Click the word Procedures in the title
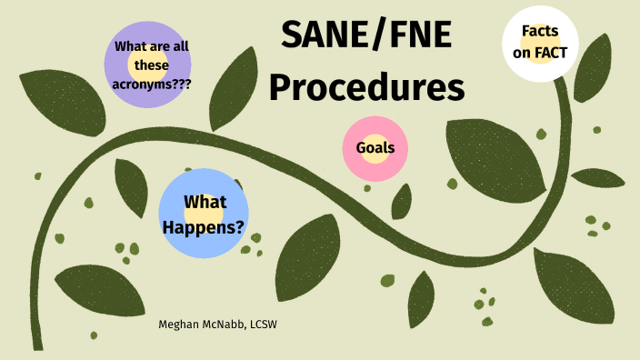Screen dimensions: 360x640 coord(366,88)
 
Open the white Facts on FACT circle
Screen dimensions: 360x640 coord(540,43)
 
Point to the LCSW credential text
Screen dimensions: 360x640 coord(263,324)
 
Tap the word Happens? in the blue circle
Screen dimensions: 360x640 coord(204,225)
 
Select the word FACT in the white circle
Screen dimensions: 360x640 coord(551,53)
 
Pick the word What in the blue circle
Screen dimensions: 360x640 coord(204,202)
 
